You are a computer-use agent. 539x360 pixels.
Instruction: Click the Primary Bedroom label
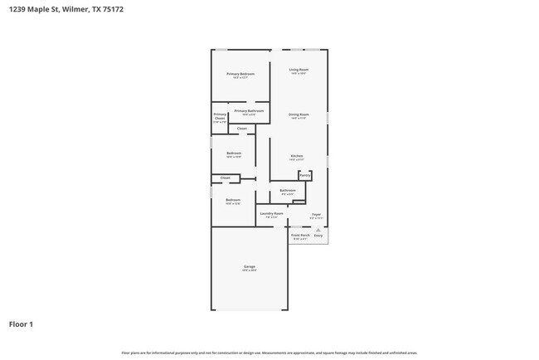coord(240,74)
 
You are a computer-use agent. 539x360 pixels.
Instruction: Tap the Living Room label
coord(299,70)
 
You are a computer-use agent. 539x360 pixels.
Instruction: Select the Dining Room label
coord(299,114)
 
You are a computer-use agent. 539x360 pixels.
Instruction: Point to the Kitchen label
coord(296,156)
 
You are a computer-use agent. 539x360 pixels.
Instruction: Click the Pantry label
coord(304,175)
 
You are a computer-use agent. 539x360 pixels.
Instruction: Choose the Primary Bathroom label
coord(249,110)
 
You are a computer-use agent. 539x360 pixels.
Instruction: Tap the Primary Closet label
coord(220,116)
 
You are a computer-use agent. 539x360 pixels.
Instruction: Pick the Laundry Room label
coord(272,213)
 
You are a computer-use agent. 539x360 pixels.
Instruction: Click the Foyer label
coord(316,213)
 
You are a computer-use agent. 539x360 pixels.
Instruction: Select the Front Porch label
coord(299,236)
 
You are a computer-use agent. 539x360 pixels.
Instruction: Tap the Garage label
coord(249,266)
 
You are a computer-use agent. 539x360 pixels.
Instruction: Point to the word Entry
coord(318,236)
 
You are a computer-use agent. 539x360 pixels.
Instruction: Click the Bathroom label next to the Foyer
coord(288,191)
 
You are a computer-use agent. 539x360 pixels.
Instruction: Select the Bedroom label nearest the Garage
coord(233,200)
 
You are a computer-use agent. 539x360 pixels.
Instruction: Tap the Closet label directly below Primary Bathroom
coord(242,129)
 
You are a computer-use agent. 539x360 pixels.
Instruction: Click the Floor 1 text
coord(21,324)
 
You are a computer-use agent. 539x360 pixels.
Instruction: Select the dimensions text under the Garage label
coord(249,270)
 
